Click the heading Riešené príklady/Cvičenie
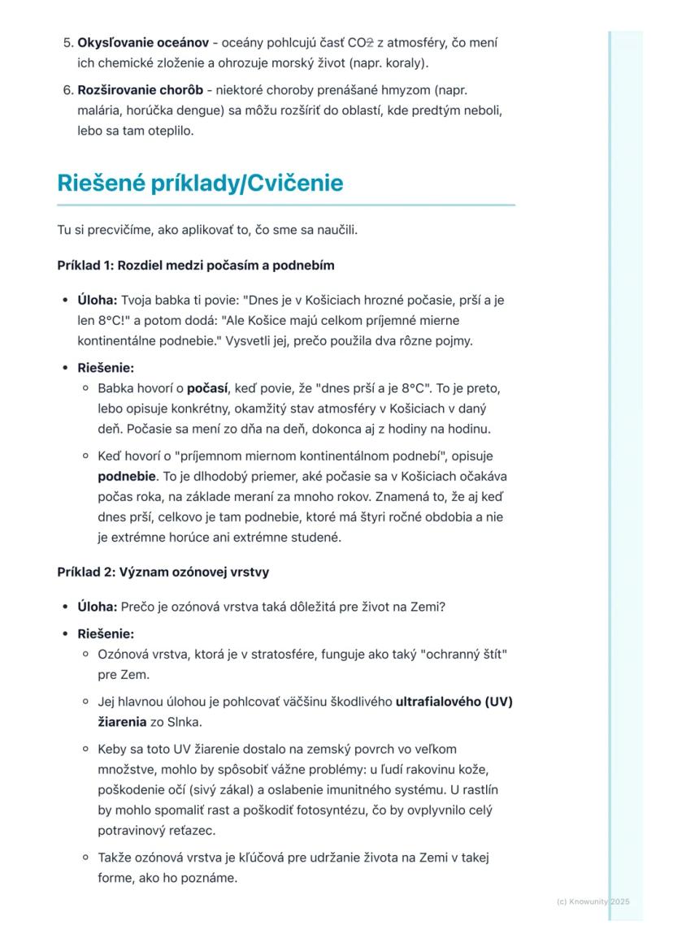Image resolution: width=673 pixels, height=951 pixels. [200, 184]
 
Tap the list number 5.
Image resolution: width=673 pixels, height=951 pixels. [67, 42]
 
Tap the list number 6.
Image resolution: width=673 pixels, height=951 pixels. [67, 90]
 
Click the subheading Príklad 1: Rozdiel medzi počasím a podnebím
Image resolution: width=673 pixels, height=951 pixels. [195, 266]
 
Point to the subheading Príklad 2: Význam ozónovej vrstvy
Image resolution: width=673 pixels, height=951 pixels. [163, 572]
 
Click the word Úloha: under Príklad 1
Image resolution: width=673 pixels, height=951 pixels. [97, 300]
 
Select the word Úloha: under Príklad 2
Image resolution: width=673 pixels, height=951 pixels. [97, 607]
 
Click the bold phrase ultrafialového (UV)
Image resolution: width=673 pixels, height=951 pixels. [454, 702]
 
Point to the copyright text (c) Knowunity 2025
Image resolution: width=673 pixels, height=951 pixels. [593, 901]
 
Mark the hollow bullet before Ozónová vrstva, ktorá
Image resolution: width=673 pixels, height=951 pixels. [85, 655]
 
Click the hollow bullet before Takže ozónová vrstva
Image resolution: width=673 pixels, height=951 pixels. [85, 858]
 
